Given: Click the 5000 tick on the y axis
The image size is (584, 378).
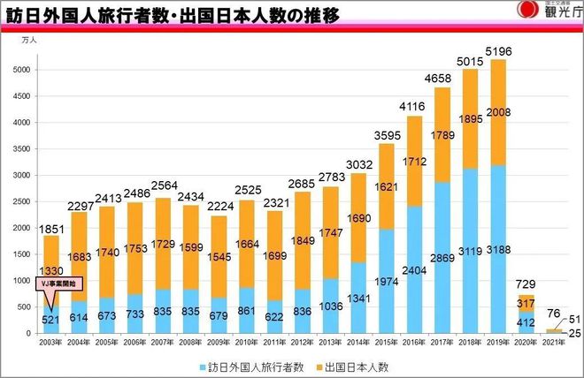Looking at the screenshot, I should coord(24,70).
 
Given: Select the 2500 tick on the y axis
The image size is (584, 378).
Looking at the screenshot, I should coord(24,201).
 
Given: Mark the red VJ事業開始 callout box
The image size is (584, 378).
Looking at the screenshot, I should coord(59,283).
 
